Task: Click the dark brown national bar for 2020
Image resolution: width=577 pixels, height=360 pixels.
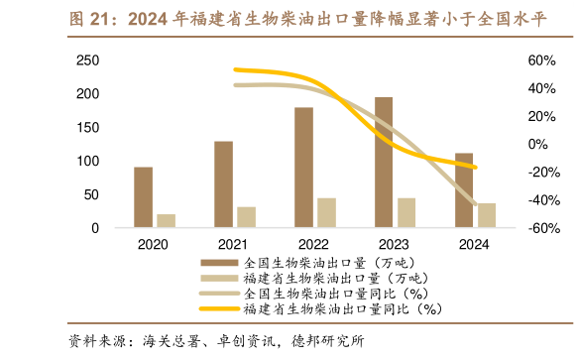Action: tap(144, 197)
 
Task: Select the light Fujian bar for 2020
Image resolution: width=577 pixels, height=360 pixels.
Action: tap(166, 221)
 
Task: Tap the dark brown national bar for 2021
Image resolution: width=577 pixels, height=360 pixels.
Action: tap(224, 184)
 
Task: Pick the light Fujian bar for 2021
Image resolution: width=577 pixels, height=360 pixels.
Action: tap(246, 217)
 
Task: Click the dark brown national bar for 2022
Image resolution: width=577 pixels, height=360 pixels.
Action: tap(303, 168)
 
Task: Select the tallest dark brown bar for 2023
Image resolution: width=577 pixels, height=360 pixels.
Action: tap(383, 163)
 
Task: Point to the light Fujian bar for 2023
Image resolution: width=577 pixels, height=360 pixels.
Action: tap(405, 213)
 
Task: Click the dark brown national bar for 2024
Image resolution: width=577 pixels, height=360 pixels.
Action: tap(463, 190)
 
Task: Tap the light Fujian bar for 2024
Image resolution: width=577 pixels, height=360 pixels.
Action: tap(486, 215)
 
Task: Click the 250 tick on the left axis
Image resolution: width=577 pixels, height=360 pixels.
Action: tap(87, 60)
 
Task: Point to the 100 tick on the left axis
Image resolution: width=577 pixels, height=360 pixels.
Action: tap(87, 162)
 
